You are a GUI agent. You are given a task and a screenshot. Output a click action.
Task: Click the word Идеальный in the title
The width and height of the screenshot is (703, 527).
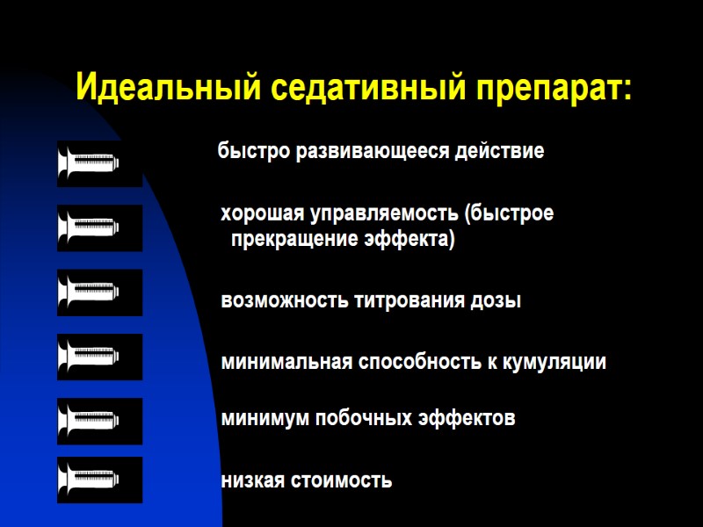167,89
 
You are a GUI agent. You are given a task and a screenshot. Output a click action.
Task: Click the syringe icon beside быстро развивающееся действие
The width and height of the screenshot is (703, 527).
99,163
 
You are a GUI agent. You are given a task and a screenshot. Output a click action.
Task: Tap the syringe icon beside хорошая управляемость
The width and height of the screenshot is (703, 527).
99,228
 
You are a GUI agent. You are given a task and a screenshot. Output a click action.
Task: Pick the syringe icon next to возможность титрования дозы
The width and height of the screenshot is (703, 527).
99,292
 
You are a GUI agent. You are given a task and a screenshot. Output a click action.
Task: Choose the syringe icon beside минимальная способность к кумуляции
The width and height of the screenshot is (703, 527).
99,357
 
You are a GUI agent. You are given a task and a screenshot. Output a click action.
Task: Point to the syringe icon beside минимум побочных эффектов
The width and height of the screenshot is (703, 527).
99,421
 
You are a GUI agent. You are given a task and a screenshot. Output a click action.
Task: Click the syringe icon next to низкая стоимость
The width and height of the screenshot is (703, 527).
99,480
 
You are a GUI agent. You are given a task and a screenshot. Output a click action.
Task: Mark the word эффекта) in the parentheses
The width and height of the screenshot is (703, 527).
409,239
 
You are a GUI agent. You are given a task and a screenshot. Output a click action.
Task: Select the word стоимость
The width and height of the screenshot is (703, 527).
343,481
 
